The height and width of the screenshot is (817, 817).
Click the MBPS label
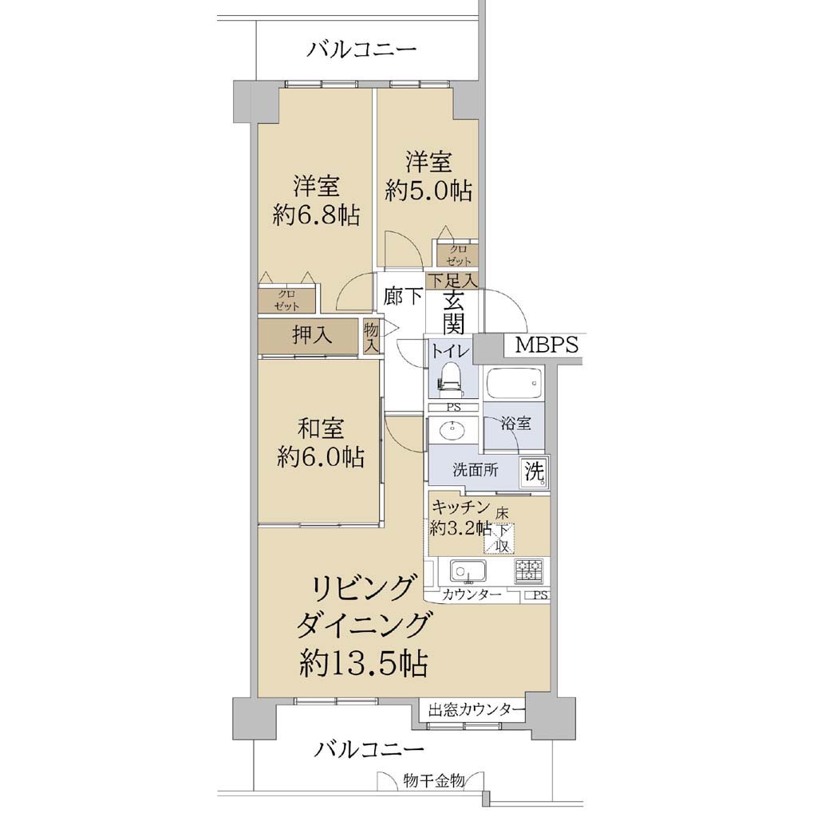click(546, 345)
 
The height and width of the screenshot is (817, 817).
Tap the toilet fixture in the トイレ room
click(450, 377)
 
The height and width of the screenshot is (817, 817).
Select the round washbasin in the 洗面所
click(452, 431)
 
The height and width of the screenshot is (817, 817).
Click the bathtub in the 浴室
click(514, 384)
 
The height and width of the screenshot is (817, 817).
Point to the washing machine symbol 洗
click(535, 472)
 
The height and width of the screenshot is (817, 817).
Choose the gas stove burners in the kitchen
click(529, 570)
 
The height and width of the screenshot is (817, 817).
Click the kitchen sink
click(468, 571)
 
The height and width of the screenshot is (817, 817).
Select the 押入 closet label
click(312, 334)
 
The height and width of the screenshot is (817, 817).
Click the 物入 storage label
click(371, 337)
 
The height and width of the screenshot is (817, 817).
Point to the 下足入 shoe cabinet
click(452, 280)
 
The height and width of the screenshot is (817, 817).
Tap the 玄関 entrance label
click(453, 313)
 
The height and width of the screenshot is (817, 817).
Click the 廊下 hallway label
click(402, 297)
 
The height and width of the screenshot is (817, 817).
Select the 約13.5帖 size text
click(363, 663)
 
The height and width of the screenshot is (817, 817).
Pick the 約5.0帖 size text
click(428, 191)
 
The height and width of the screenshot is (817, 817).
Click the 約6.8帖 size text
click(316, 215)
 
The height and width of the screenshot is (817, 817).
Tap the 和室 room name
click(320, 428)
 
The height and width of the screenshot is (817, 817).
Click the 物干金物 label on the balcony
click(434, 780)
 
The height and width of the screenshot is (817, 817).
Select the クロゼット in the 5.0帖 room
click(458, 255)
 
